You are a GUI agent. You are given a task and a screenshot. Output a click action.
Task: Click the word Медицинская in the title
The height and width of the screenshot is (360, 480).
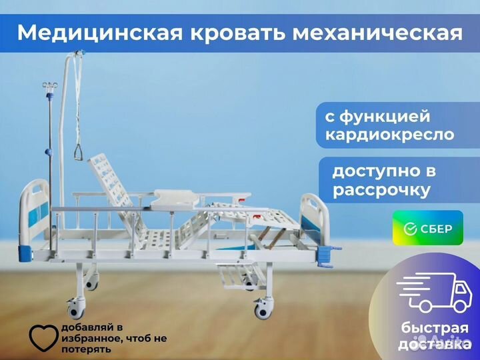[x=100, y=33]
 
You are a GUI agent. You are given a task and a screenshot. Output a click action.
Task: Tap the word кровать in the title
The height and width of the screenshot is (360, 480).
[x=238, y=33]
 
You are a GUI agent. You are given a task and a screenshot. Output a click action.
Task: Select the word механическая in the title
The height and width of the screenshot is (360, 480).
[x=377, y=33]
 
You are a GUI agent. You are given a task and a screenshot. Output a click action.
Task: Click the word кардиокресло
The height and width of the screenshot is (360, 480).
[x=389, y=135]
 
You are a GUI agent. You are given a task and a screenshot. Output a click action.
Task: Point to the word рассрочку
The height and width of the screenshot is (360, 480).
[x=381, y=190]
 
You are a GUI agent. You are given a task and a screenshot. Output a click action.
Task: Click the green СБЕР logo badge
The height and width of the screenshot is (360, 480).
[x=427, y=228]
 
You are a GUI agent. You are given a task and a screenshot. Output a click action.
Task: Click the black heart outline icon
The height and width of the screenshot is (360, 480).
[x=43, y=338]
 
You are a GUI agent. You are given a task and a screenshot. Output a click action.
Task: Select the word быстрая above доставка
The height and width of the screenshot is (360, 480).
[x=435, y=328]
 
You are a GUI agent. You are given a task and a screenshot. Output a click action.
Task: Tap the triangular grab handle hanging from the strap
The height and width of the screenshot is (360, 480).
[x=79, y=153]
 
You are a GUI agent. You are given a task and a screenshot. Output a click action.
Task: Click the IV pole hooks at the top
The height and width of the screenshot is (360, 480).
[x=50, y=85]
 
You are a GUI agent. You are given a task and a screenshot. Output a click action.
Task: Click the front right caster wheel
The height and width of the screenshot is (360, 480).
[x=263, y=309]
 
